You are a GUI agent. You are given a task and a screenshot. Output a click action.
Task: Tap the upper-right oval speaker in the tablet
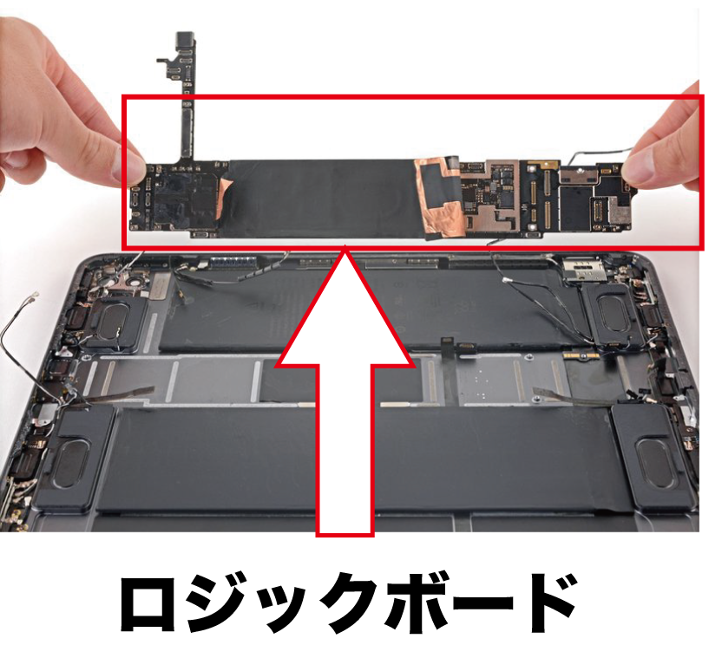pos(614,312)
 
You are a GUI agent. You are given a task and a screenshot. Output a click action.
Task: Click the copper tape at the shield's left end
pos(224,198)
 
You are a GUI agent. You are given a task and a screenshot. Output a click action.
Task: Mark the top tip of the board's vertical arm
pos(187,34)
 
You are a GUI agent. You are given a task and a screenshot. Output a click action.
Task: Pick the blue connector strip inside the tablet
pos(233,262)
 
